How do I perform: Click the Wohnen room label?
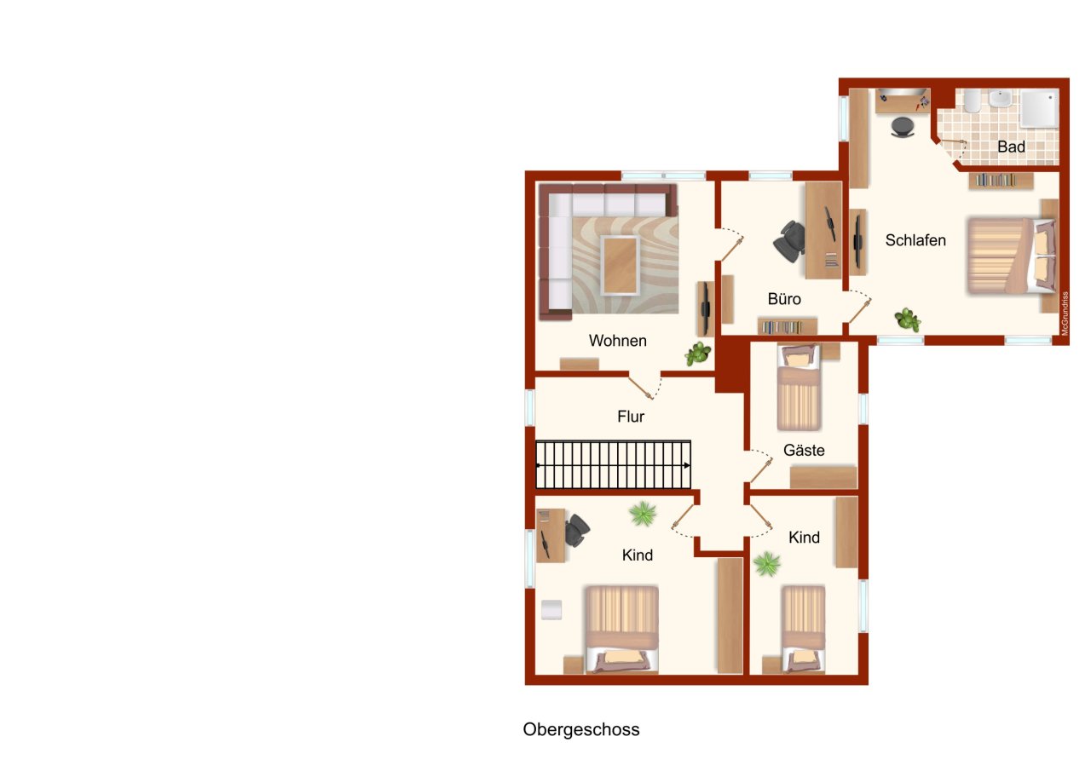click(x=618, y=341)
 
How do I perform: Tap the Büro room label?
click(x=784, y=299)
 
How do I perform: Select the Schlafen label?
click(x=915, y=240)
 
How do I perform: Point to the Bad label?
click(x=1011, y=147)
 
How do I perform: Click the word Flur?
click(x=631, y=417)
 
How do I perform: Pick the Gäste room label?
click(x=804, y=450)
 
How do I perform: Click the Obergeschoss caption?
click(x=581, y=729)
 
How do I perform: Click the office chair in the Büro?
click(x=789, y=242)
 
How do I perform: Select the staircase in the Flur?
click(x=613, y=465)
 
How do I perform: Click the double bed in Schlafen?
click(x=1011, y=256)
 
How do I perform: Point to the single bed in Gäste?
click(x=799, y=388)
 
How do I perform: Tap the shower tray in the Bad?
click(x=1040, y=108)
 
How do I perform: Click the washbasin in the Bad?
click(x=1001, y=98)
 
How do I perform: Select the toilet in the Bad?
click(x=973, y=101)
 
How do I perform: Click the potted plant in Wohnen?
click(x=698, y=354)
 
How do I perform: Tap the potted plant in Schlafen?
click(x=908, y=319)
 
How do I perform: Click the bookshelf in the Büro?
click(x=787, y=326)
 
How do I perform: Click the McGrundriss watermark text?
click(x=1065, y=314)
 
